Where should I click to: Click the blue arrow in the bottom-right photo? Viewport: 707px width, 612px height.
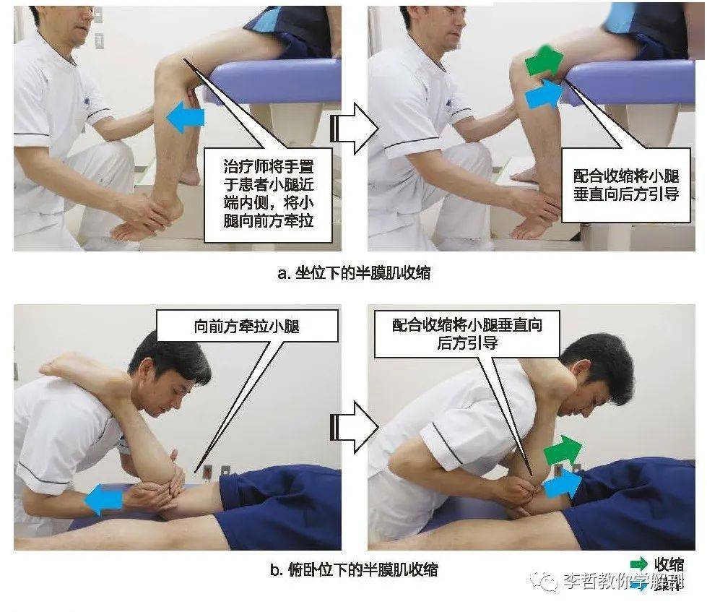(x=563, y=483)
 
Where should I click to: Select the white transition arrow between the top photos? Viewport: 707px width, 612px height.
(x=355, y=129)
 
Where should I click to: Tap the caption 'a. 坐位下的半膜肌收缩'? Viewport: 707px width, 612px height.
(x=355, y=272)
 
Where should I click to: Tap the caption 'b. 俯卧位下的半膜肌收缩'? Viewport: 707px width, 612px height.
(x=353, y=569)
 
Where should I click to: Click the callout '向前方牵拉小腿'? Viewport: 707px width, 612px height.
(x=247, y=326)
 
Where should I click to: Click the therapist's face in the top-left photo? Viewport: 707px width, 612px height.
(x=76, y=22)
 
